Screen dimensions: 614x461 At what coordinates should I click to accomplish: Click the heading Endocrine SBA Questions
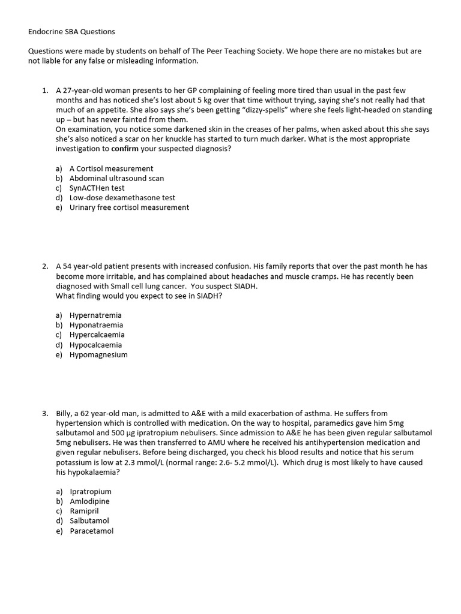pos(71,31)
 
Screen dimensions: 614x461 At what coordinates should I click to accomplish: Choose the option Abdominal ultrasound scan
pos(116,178)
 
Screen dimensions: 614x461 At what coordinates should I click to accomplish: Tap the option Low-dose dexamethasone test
pos(122,197)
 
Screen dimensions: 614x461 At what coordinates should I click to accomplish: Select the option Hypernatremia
pos(95,315)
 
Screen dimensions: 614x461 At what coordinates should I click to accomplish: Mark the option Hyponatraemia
pos(96,325)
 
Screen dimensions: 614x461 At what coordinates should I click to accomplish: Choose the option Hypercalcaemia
pos(97,335)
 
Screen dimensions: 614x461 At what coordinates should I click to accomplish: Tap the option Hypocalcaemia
pos(95,345)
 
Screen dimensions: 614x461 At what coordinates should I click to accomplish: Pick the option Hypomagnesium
pos(98,354)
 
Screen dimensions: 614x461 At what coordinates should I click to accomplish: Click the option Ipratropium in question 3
pos(91,492)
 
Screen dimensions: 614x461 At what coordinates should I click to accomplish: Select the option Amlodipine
pos(89,501)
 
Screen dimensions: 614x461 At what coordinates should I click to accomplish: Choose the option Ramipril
pos(84,511)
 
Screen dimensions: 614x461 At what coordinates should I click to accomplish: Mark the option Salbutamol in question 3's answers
pos(89,521)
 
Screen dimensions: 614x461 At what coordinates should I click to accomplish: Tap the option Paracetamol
pos(91,531)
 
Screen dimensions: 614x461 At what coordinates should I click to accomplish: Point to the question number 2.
pos(45,266)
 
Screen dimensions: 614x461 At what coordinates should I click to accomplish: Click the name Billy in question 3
pos(64,413)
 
